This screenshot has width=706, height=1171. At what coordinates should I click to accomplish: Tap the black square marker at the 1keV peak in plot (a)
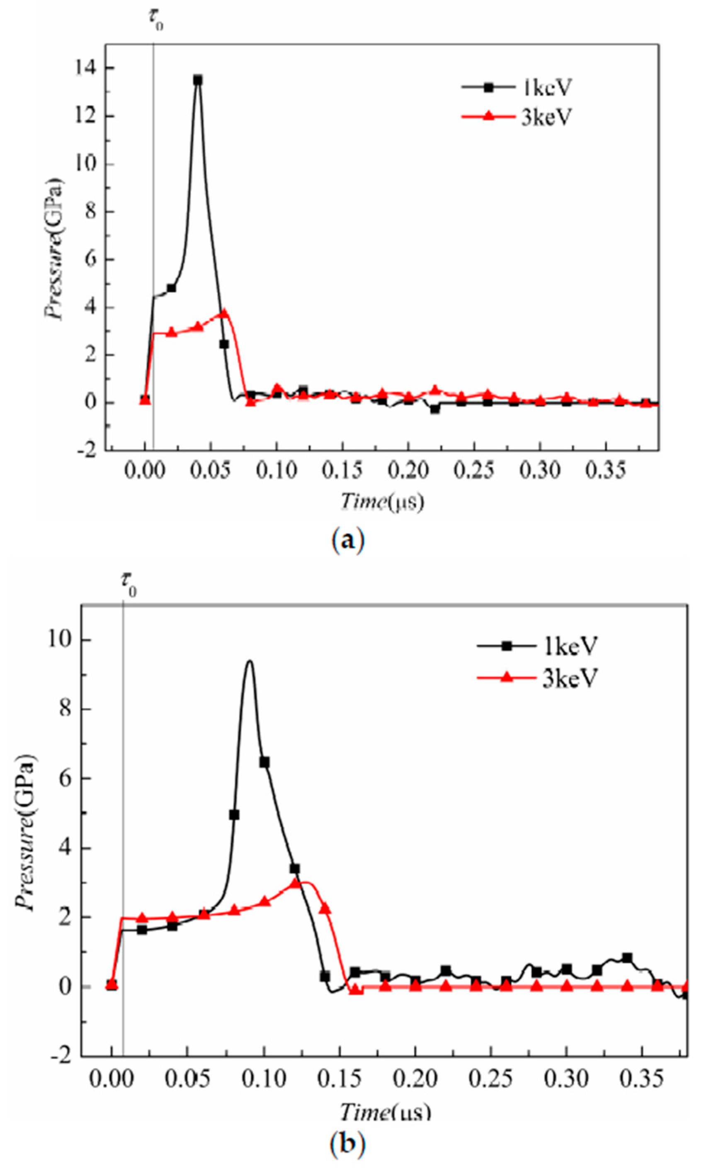pos(198,80)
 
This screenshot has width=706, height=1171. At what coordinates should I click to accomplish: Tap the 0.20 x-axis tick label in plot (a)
pos(408,471)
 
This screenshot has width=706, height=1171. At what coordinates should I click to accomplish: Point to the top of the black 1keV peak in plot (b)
pos(250,661)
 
